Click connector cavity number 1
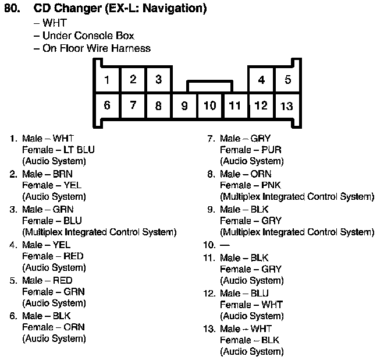[107, 80]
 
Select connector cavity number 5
[287, 80]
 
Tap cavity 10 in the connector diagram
[210, 105]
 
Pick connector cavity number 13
[287, 106]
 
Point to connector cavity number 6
[107, 105]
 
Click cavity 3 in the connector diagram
[158, 80]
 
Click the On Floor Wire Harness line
[96, 48]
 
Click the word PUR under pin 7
[271, 150]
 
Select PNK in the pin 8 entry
[272, 185]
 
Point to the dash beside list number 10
[225, 245]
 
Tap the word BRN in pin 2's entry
[63, 174]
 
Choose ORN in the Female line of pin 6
[74, 327]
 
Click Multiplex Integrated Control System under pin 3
[99, 232]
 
